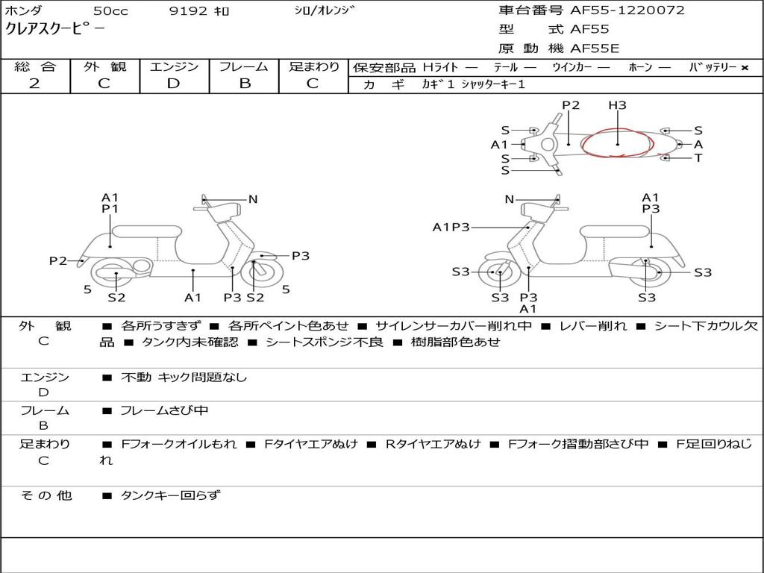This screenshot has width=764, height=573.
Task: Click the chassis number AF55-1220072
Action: coord(627,10)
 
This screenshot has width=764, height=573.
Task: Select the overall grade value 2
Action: coord(34,84)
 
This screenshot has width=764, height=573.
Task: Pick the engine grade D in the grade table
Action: coord(173,84)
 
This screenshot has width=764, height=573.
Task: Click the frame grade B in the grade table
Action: coord(245,84)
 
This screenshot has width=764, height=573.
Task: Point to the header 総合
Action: coord(35,66)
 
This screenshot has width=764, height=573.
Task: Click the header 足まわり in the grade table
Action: coord(314,66)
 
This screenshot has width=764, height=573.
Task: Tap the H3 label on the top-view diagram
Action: coord(617,105)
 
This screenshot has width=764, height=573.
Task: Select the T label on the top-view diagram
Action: coord(698,158)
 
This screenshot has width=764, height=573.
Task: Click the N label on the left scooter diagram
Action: coord(253,199)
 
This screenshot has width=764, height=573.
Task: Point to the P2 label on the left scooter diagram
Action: coord(58,260)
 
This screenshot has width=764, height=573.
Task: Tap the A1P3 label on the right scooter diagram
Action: coord(451,227)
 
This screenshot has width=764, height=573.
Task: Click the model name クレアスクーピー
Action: coord(55,30)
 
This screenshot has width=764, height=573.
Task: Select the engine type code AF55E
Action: coord(595,49)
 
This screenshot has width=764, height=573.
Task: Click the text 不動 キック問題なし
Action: coord(184,378)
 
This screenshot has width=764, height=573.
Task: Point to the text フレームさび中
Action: coord(164,410)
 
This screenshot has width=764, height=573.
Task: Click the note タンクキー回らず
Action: coord(170,495)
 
